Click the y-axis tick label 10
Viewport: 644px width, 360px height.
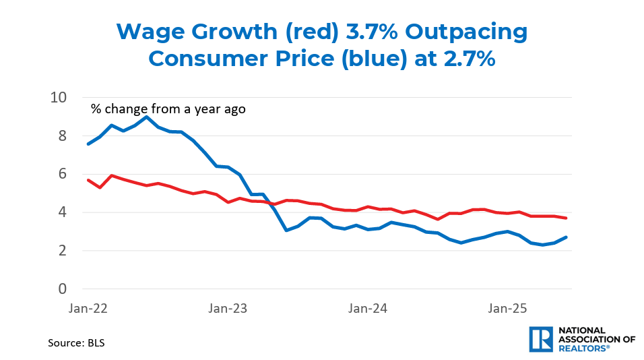click(x=59, y=98)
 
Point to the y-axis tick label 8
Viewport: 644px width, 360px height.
click(x=63, y=136)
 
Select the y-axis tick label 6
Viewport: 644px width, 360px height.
click(x=63, y=174)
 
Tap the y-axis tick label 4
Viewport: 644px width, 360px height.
click(x=63, y=212)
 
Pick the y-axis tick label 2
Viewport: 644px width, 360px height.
click(x=63, y=251)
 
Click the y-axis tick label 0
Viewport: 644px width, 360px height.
click(x=63, y=289)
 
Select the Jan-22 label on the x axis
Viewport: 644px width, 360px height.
click(x=88, y=308)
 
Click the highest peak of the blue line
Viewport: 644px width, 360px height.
click(x=147, y=117)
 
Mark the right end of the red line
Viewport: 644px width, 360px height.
click(x=566, y=218)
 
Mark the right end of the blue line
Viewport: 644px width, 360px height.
click(x=566, y=237)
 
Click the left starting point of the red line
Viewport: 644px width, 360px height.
click(x=88, y=180)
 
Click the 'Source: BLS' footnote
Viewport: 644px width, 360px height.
click(x=76, y=342)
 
